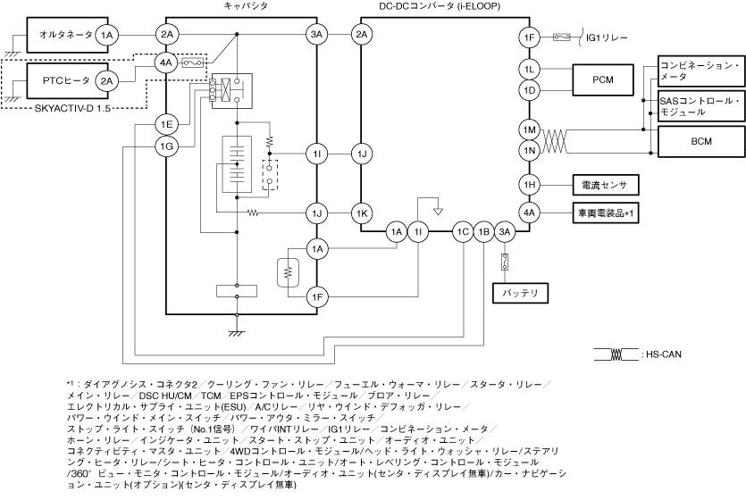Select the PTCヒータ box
59,80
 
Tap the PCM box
601,79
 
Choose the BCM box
700,140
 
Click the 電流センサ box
602,185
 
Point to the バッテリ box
521,292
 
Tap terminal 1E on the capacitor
166,123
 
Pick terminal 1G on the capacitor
166,146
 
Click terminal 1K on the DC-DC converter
362,213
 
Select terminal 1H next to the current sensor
530,185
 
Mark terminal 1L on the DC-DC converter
530,69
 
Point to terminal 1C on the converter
462,232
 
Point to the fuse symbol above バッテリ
504,262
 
